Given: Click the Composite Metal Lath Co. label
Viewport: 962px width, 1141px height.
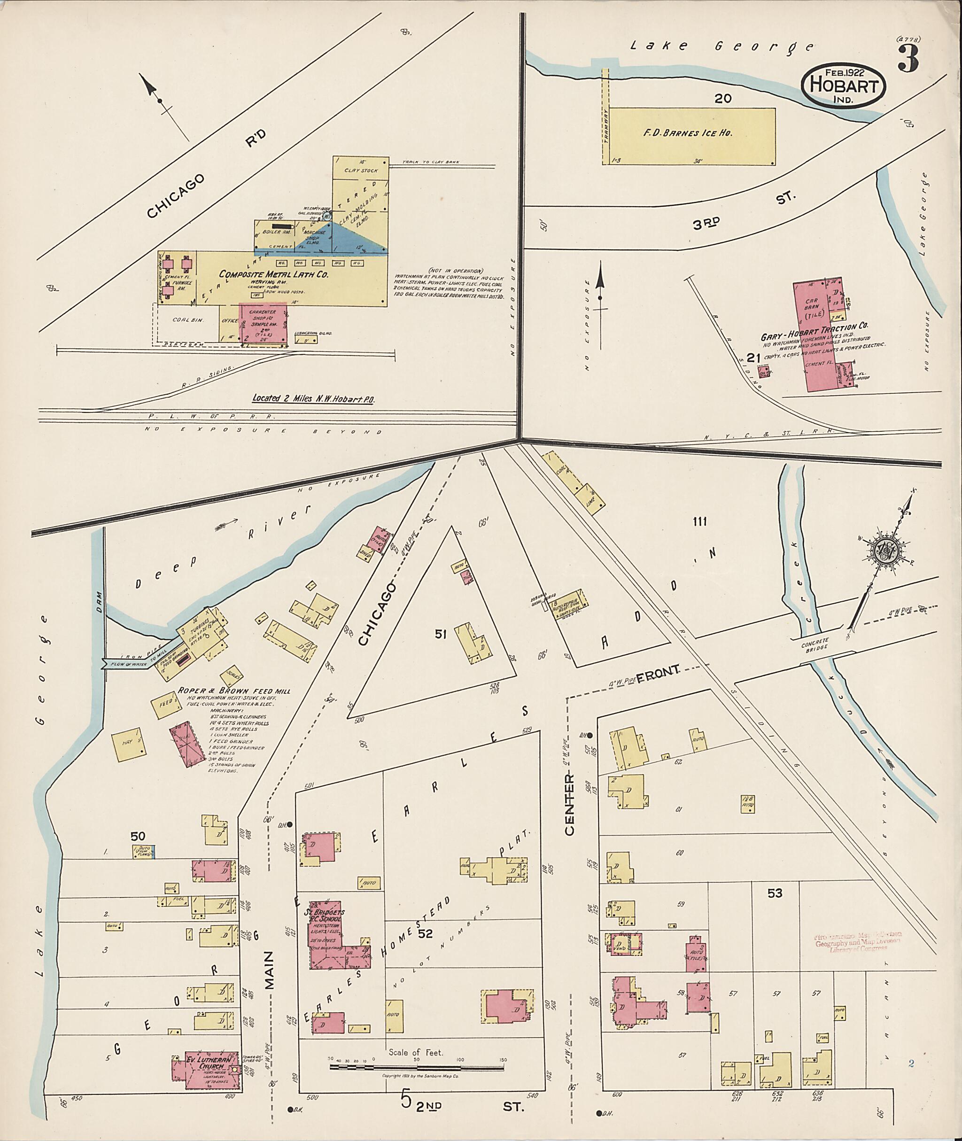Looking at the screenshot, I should point(273,274).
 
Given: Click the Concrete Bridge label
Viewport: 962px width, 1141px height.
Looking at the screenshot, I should point(815,643).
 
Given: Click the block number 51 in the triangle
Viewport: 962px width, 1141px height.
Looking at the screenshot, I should point(441,634).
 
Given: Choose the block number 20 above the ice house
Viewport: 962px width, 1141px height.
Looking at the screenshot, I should point(724,99).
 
